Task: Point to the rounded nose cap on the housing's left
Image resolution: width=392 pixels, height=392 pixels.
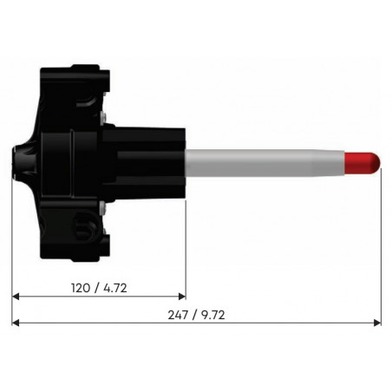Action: point(19,161)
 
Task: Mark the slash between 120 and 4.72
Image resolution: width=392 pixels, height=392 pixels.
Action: point(94,287)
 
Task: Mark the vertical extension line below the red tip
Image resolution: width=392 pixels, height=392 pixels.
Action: point(380,252)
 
